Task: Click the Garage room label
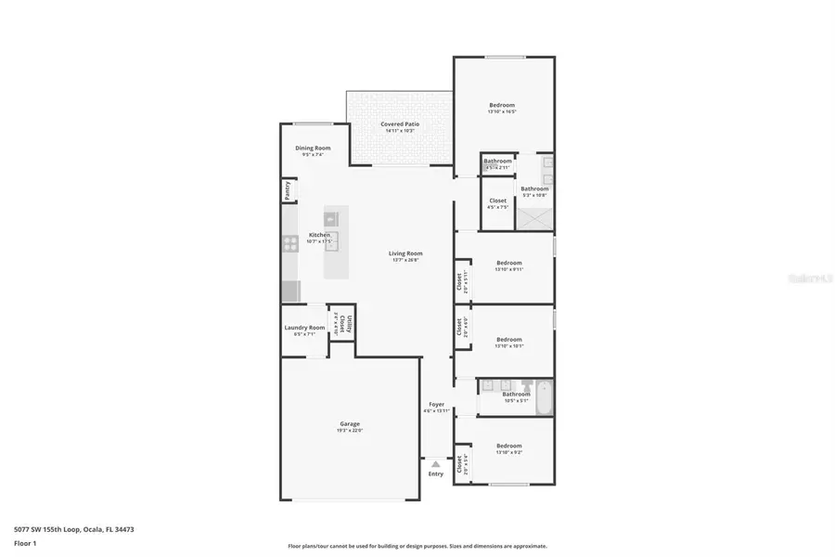click(x=349, y=423)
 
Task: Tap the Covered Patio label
click(x=397, y=123)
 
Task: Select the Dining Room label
click(x=313, y=148)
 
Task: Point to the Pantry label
click(x=288, y=190)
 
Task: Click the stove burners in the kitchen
click(x=289, y=246)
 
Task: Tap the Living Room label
click(x=405, y=253)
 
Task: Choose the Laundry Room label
click(x=304, y=327)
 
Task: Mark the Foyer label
click(x=436, y=404)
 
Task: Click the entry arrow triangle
click(x=436, y=463)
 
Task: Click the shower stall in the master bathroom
click(x=534, y=219)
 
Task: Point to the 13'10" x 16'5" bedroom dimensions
click(x=502, y=112)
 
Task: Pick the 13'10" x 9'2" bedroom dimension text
click(x=508, y=452)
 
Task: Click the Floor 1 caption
click(x=25, y=545)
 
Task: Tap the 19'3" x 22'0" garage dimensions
click(x=349, y=430)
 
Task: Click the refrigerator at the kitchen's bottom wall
click(x=289, y=291)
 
